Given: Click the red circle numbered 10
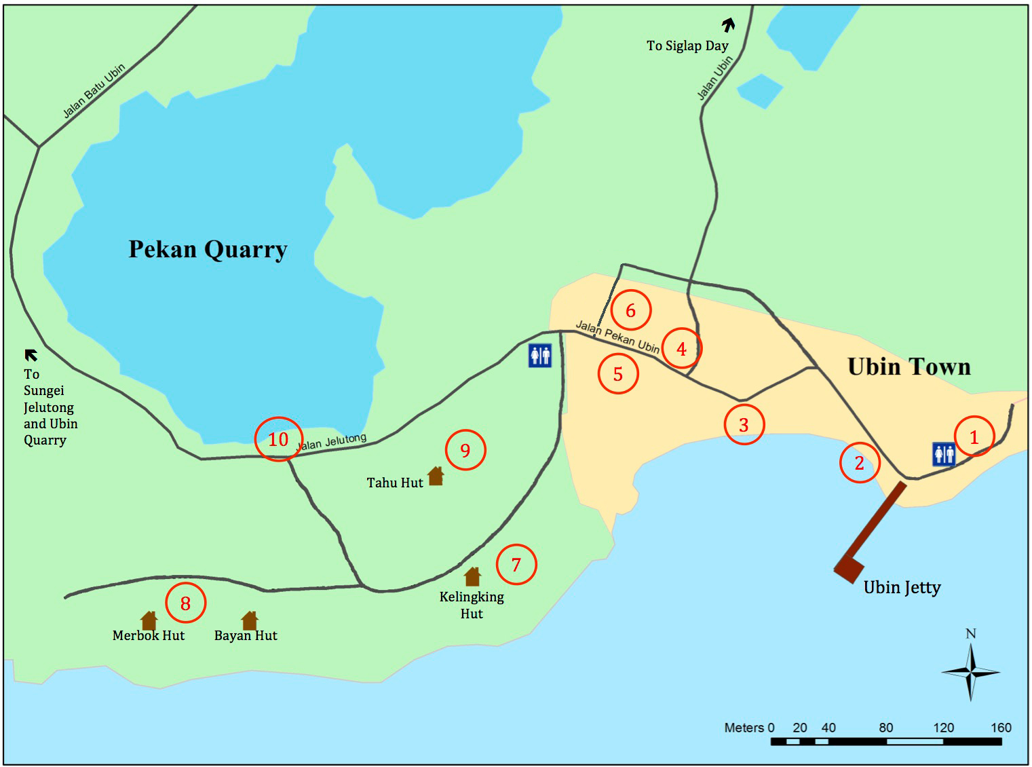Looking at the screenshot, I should [x=278, y=439].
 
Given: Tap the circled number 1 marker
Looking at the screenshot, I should [x=974, y=436].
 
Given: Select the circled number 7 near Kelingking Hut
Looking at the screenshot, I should [x=516, y=565].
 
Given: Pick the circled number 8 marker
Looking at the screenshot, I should [x=185, y=603].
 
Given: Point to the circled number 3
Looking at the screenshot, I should [x=744, y=425].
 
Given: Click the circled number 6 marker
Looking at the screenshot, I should [x=630, y=311].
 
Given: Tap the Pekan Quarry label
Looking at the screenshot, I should [x=208, y=250].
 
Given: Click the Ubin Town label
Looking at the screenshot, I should [x=909, y=367].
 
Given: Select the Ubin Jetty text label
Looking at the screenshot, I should [x=902, y=588].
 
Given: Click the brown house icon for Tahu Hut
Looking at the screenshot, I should [x=435, y=476].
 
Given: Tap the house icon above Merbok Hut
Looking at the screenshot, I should [x=149, y=620].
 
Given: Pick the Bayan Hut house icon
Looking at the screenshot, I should [x=249, y=620].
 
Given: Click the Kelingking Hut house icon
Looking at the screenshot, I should [x=472, y=576].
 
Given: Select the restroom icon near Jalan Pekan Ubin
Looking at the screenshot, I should [x=540, y=355].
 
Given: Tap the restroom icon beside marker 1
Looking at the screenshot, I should [x=944, y=454].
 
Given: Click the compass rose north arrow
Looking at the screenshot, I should [x=971, y=671].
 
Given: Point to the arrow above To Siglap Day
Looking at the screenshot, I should [x=728, y=26].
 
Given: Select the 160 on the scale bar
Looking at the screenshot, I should [x=1001, y=728].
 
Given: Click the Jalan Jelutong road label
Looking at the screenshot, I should [x=332, y=442].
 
